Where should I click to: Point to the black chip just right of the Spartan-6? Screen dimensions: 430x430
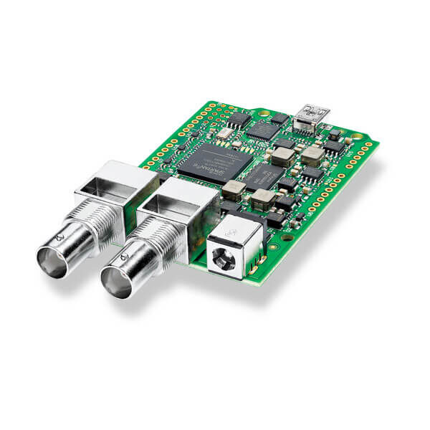point(264,175)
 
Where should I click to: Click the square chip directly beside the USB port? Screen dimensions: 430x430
point(264,130)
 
